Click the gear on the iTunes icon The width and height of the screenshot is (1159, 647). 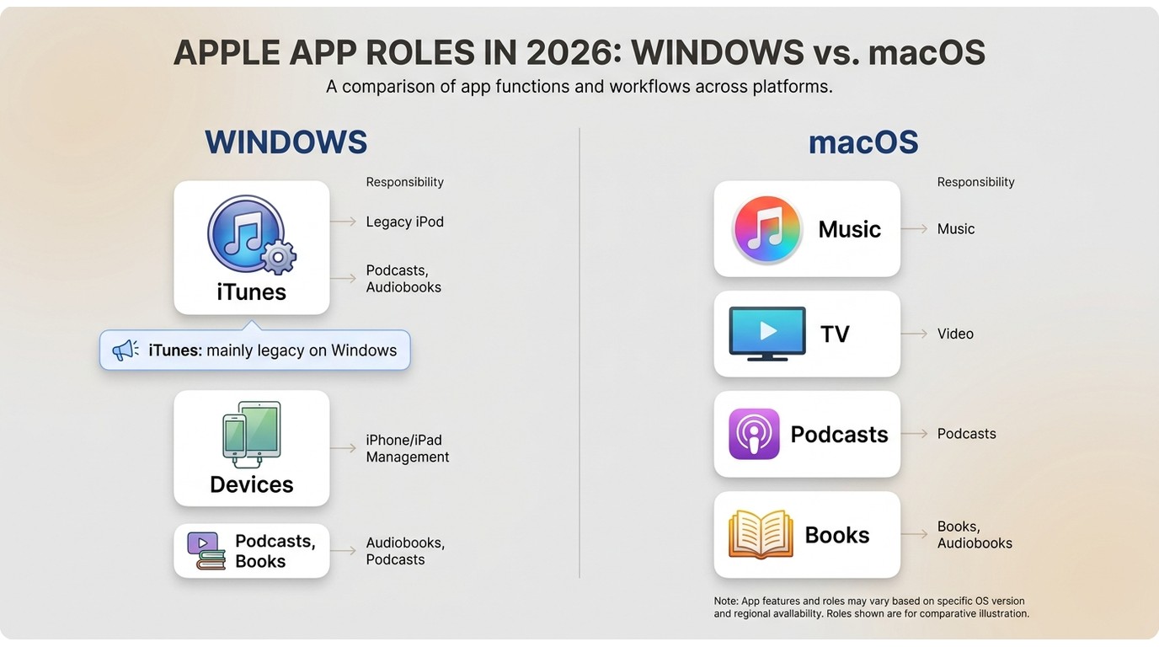(278, 257)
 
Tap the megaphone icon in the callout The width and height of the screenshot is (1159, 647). (126, 350)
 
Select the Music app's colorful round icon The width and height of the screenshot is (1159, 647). (767, 229)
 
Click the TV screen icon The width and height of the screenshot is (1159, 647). (767, 334)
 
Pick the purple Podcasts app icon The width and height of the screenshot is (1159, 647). (754, 434)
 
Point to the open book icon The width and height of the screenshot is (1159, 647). (761, 534)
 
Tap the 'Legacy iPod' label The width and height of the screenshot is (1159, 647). (404, 222)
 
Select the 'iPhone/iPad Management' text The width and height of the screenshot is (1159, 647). (407, 448)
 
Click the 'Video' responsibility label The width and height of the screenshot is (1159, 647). (955, 334)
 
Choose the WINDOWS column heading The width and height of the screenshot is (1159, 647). (286, 142)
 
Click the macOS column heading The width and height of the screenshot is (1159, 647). (863, 142)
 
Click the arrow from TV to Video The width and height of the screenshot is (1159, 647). (914, 334)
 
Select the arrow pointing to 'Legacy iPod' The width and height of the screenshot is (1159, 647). (343, 222)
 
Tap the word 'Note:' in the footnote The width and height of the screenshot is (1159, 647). (726, 601)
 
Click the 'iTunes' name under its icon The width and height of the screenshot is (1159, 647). (252, 292)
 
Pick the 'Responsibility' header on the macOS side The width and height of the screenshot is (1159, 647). (976, 182)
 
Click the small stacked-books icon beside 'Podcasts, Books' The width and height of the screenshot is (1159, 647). (206, 551)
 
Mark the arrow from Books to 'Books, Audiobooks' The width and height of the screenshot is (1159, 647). (914, 534)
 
